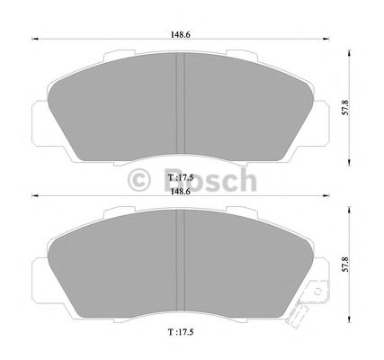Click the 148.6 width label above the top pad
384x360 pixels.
180,34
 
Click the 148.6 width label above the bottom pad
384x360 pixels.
180,192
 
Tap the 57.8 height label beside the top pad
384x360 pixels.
345,108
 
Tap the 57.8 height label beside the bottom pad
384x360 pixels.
345,265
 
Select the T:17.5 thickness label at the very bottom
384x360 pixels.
180,332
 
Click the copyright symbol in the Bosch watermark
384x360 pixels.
138,180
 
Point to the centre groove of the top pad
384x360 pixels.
180,103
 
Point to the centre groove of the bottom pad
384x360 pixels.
180,260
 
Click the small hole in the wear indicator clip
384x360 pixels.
317,291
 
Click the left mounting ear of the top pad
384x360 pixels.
40,123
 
